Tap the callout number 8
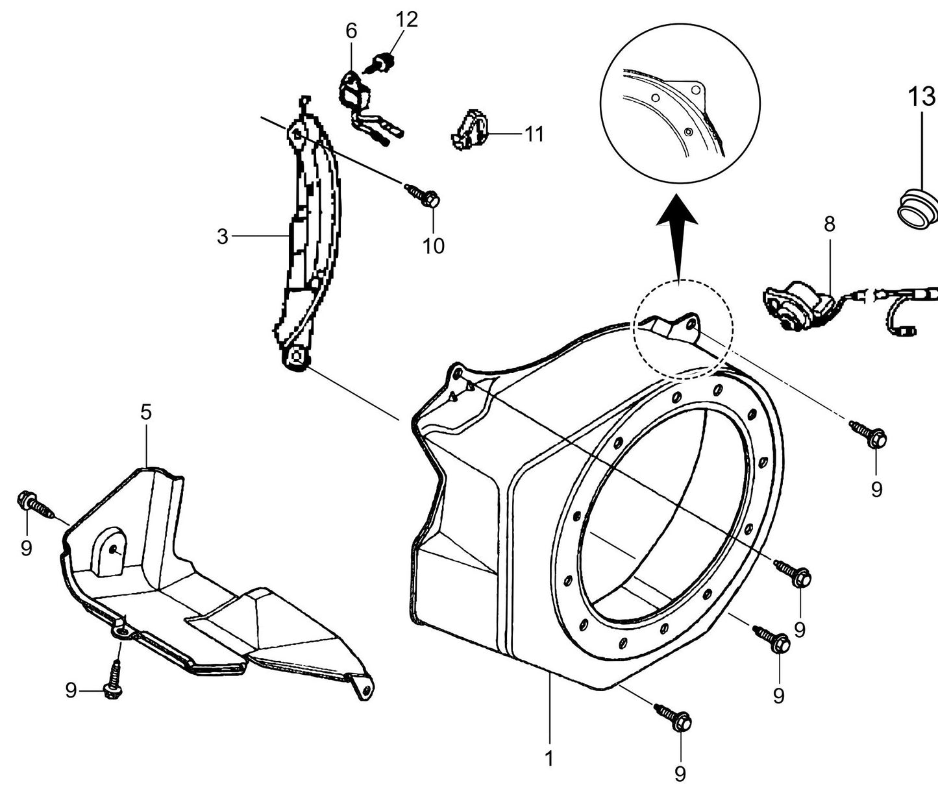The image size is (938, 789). pos(829,225)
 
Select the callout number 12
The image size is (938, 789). pos(407,19)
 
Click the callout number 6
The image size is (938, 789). pos(351,30)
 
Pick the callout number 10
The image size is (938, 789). pos(433,245)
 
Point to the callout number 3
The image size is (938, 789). pos(223,237)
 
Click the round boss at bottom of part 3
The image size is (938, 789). pos(297,359)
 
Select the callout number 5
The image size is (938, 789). pos(146,412)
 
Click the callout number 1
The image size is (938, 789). pos(549,758)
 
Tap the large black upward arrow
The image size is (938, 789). pos(676,234)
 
